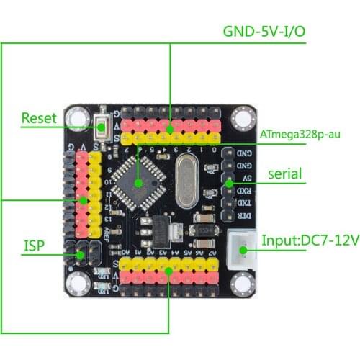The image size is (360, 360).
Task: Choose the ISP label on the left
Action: [35, 246]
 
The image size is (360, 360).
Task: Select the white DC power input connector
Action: [243, 251]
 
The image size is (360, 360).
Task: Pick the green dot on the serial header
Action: [229, 184]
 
